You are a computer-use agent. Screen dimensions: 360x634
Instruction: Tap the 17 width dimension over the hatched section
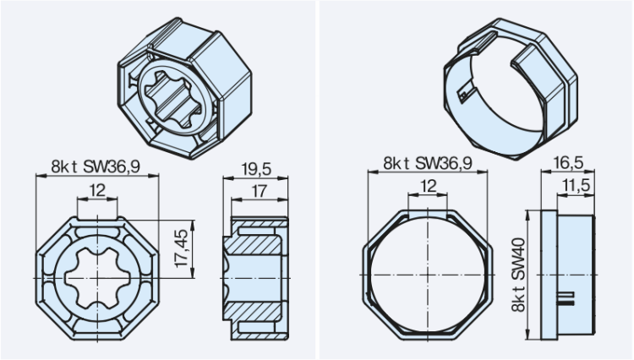click(x=260, y=192)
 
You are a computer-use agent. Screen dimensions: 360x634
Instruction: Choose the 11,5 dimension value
click(x=576, y=185)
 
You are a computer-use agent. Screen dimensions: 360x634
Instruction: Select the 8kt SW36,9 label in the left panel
click(x=98, y=166)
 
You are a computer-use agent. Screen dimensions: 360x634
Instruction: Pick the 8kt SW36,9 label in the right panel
click(x=427, y=162)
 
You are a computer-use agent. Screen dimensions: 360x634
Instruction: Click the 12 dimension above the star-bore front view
click(x=98, y=192)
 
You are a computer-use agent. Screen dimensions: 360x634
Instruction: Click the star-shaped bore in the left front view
click(x=98, y=278)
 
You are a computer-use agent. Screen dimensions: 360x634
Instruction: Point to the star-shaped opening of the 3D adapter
click(x=174, y=93)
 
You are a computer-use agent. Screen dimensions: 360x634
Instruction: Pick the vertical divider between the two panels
click(x=317, y=180)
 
